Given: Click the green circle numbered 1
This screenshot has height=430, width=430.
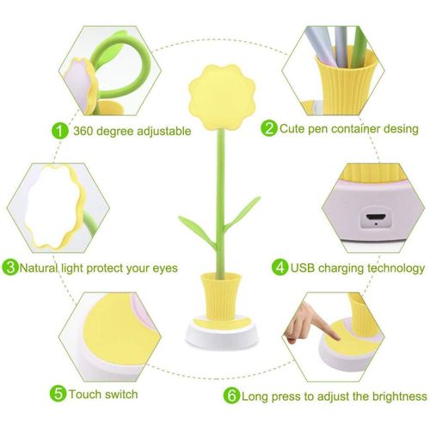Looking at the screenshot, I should pyautogui.click(x=59, y=131).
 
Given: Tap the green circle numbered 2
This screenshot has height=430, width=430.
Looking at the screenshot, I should pyautogui.click(x=268, y=129).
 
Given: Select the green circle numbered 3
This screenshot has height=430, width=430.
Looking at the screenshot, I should pyautogui.click(x=10, y=267).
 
